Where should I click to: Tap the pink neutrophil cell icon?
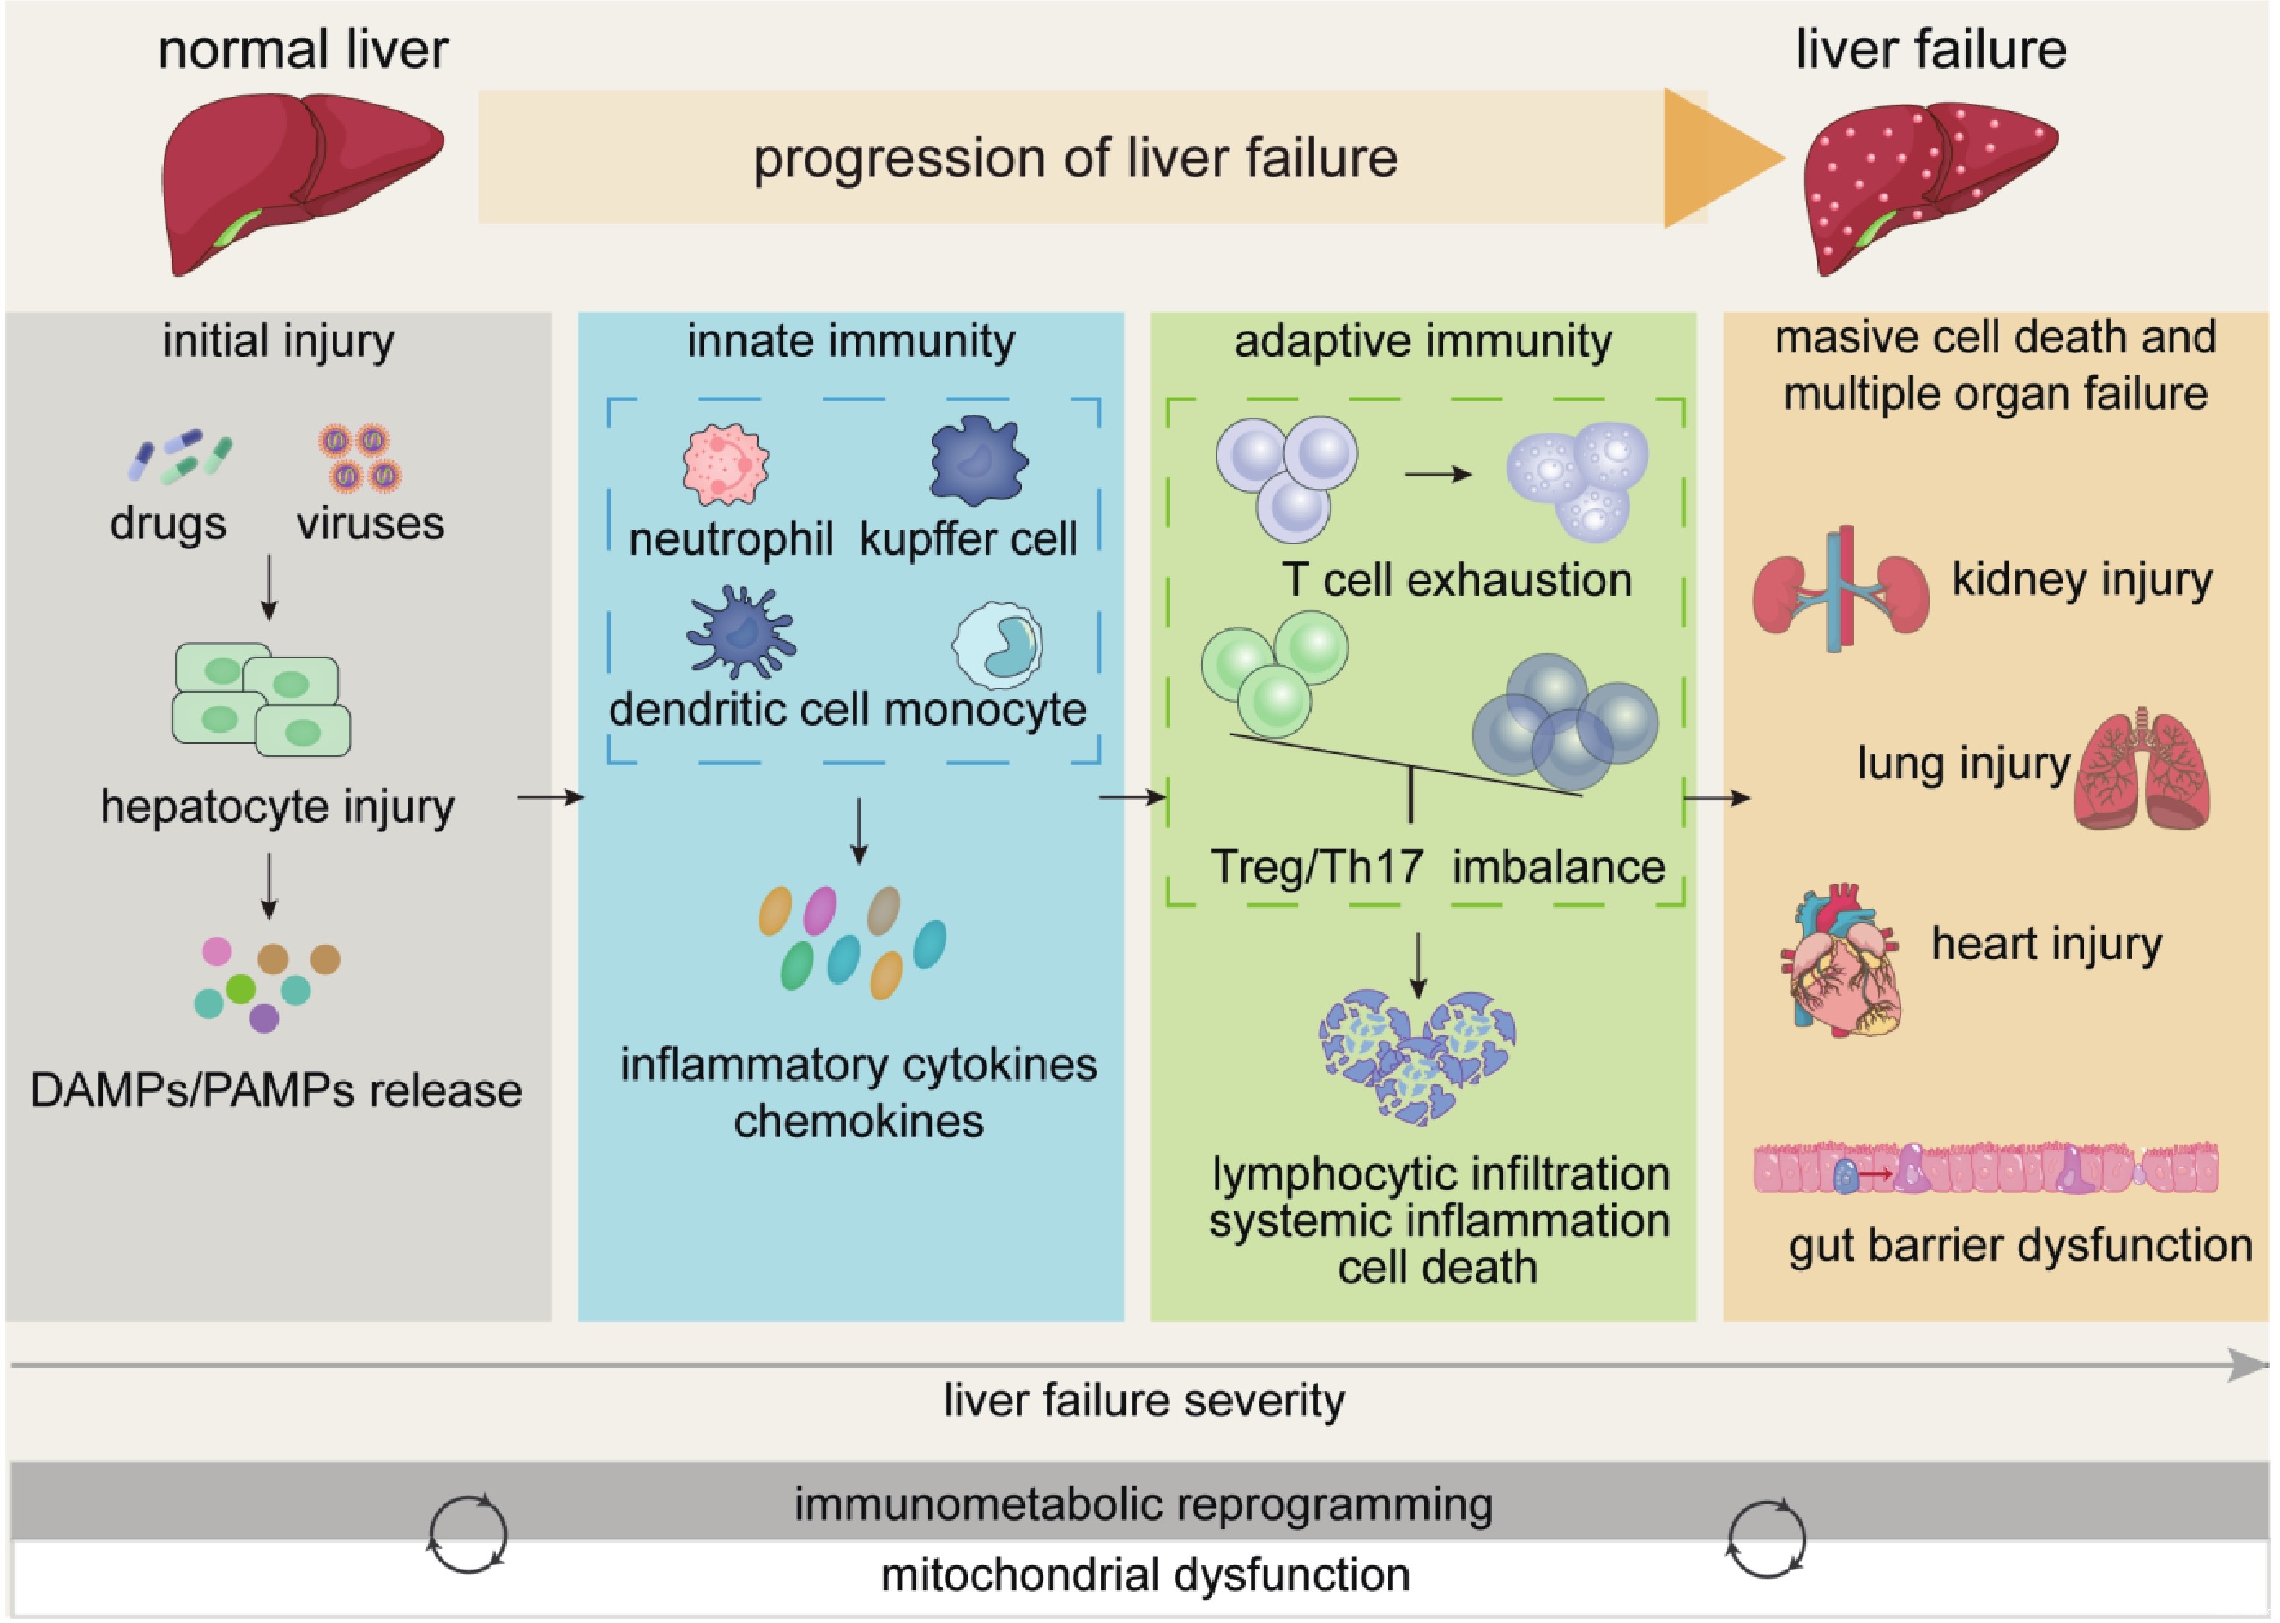(725, 463)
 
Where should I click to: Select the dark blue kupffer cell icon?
(977, 460)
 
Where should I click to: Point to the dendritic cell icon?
(740, 632)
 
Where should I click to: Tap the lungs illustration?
(2141, 770)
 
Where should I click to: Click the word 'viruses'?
(370, 523)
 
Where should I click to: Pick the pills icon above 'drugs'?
(180, 457)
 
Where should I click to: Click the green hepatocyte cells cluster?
(261, 699)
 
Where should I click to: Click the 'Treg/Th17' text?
(1316, 867)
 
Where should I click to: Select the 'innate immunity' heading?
(850, 342)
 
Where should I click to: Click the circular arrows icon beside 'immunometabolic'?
(468, 1534)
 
